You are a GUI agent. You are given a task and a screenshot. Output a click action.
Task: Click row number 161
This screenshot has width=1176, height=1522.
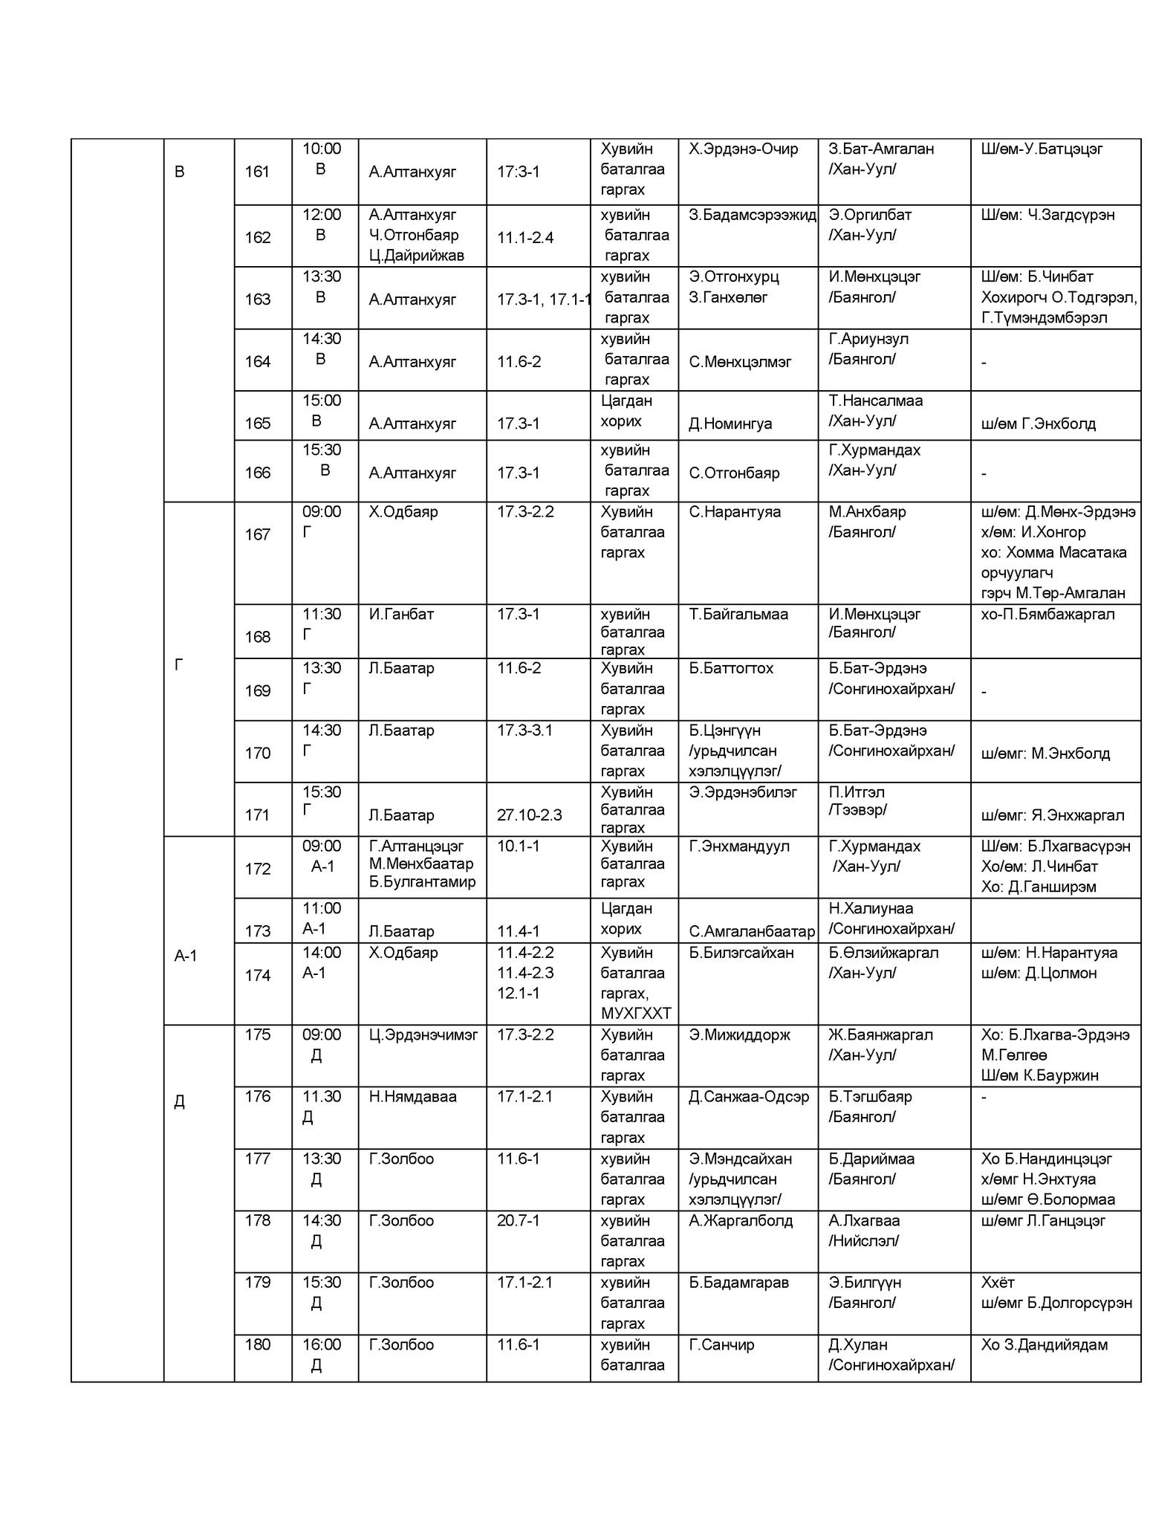point(257,172)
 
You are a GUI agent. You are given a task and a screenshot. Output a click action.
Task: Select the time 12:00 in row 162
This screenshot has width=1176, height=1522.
point(322,215)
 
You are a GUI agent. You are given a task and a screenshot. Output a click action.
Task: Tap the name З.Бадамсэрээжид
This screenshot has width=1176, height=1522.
point(752,215)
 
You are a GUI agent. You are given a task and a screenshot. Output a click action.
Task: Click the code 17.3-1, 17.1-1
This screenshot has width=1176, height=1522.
point(544,299)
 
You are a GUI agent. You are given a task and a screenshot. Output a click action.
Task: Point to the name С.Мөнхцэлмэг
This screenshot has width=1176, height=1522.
point(740,362)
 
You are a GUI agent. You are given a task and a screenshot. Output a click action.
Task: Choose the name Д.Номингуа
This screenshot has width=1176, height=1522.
point(730,424)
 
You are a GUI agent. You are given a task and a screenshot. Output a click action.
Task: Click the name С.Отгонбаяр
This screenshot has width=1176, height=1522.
point(734,473)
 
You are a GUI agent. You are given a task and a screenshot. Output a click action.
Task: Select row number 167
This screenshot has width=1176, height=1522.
point(257,534)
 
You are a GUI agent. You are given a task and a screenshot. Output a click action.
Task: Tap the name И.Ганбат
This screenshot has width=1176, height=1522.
point(401,615)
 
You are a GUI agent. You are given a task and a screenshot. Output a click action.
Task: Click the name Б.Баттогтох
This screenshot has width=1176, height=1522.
point(731,668)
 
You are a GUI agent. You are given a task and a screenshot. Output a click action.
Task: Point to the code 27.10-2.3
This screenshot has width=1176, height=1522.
point(529,815)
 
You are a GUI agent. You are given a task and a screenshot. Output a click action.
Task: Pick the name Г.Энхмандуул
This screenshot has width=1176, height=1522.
point(739,846)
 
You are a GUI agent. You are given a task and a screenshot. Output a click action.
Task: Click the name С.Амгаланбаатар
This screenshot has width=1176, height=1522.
point(752,931)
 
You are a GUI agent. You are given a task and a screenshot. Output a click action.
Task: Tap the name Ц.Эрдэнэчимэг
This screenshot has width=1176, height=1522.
point(423,1034)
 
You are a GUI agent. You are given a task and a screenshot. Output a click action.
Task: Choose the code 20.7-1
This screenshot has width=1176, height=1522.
point(518,1220)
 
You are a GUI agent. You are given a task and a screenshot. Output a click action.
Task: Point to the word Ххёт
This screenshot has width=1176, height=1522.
point(998,1282)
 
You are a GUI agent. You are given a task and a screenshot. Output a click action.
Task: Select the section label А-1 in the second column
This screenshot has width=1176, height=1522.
point(186,956)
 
